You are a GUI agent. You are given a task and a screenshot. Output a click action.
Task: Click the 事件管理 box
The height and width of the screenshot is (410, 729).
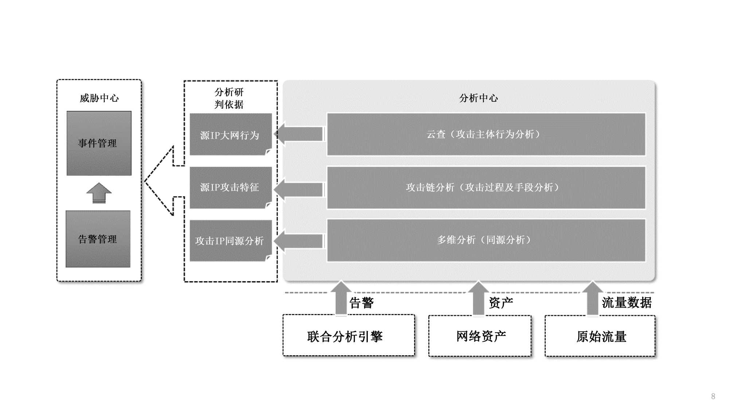[99, 143]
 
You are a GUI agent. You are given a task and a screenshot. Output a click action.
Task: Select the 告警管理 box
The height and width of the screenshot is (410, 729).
[98, 239]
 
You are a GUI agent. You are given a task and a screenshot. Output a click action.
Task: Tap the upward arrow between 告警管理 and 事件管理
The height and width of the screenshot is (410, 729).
[99, 193]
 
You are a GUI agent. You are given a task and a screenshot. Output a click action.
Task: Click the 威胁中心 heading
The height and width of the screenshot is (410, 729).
[99, 98]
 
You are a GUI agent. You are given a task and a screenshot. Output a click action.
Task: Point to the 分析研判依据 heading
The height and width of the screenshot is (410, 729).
[229, 98]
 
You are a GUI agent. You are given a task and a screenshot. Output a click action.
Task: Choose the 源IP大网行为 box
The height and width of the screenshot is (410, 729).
[230, 135]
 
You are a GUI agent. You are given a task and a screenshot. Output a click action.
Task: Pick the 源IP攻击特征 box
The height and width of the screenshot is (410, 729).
[230, 187]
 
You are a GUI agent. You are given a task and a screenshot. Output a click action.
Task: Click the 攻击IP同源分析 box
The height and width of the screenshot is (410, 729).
[230, 241]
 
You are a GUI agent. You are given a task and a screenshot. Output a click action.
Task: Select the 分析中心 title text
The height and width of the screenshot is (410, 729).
[478, 98]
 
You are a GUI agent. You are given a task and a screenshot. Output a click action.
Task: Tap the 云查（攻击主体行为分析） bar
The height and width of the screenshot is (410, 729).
[486, 134]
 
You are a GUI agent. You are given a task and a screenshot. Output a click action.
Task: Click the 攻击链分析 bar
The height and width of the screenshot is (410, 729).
[486, 187]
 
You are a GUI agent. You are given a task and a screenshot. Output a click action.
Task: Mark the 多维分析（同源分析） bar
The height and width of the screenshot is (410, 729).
[486, 240]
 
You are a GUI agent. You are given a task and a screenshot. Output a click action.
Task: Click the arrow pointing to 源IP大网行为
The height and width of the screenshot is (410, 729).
[299, 134]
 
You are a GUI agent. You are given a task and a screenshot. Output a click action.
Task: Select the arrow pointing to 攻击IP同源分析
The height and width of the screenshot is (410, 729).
[299, 241]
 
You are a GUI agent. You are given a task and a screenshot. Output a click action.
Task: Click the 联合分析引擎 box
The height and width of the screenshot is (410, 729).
[348, 336]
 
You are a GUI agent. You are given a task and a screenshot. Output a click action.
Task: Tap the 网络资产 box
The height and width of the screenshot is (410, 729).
[480, 336]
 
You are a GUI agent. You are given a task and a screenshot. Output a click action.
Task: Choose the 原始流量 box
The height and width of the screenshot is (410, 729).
[600, 336]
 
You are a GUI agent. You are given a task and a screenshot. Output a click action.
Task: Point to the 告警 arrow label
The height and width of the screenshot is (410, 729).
[362, 303]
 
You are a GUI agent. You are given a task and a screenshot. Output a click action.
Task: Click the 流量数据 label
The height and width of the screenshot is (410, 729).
[627, 302]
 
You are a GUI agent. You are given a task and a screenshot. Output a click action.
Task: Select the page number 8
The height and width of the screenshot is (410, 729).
[713, 396]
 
